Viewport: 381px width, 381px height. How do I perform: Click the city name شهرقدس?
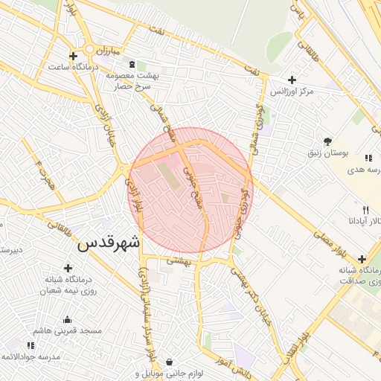[x=109, y=242]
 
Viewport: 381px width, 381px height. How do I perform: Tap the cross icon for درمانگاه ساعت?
[x=73, y=56]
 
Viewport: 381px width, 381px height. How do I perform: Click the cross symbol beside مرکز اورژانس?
[x=292, y=80]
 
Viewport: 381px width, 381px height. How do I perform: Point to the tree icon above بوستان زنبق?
[x=327, y=141]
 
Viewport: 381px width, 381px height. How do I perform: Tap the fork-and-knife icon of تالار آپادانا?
[x=365, y=210]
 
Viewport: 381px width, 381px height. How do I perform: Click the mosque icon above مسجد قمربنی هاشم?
[x=68, y=318]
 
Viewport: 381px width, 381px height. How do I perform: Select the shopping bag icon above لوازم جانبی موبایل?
[x=170, y=362]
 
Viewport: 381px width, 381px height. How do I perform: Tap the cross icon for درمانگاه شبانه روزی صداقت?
[x=362, y=259]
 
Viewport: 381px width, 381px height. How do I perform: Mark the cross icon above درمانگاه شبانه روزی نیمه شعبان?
[x=68, y=268]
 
